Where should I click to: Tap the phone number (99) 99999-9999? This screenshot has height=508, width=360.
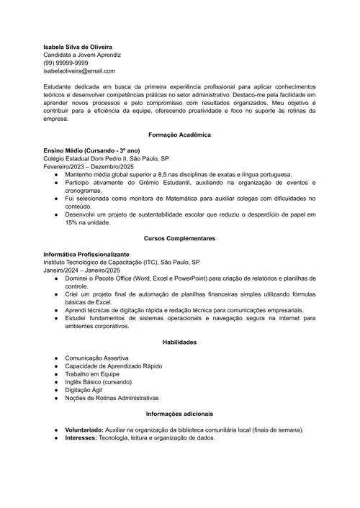(x=66, y=63)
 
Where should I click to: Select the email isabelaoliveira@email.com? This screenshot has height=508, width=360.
(x=79, y=71)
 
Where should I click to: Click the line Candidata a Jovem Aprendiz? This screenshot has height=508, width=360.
(x=82, y=55)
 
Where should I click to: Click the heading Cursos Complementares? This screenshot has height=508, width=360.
(x=179, y=238)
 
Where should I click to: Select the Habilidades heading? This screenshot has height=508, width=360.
(x=179, y=342)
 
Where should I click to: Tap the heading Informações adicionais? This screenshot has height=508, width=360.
(x=179, y=414)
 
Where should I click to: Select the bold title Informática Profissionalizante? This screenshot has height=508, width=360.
(x=86, y=254)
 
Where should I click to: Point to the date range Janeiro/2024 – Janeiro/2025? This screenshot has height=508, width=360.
(x=81, y=270)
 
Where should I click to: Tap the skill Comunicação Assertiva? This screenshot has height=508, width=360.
(x=96, y=358)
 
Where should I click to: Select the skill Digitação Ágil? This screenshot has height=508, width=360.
(x=84, y=390)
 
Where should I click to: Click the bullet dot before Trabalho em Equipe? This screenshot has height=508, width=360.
(x=56, y=374)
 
